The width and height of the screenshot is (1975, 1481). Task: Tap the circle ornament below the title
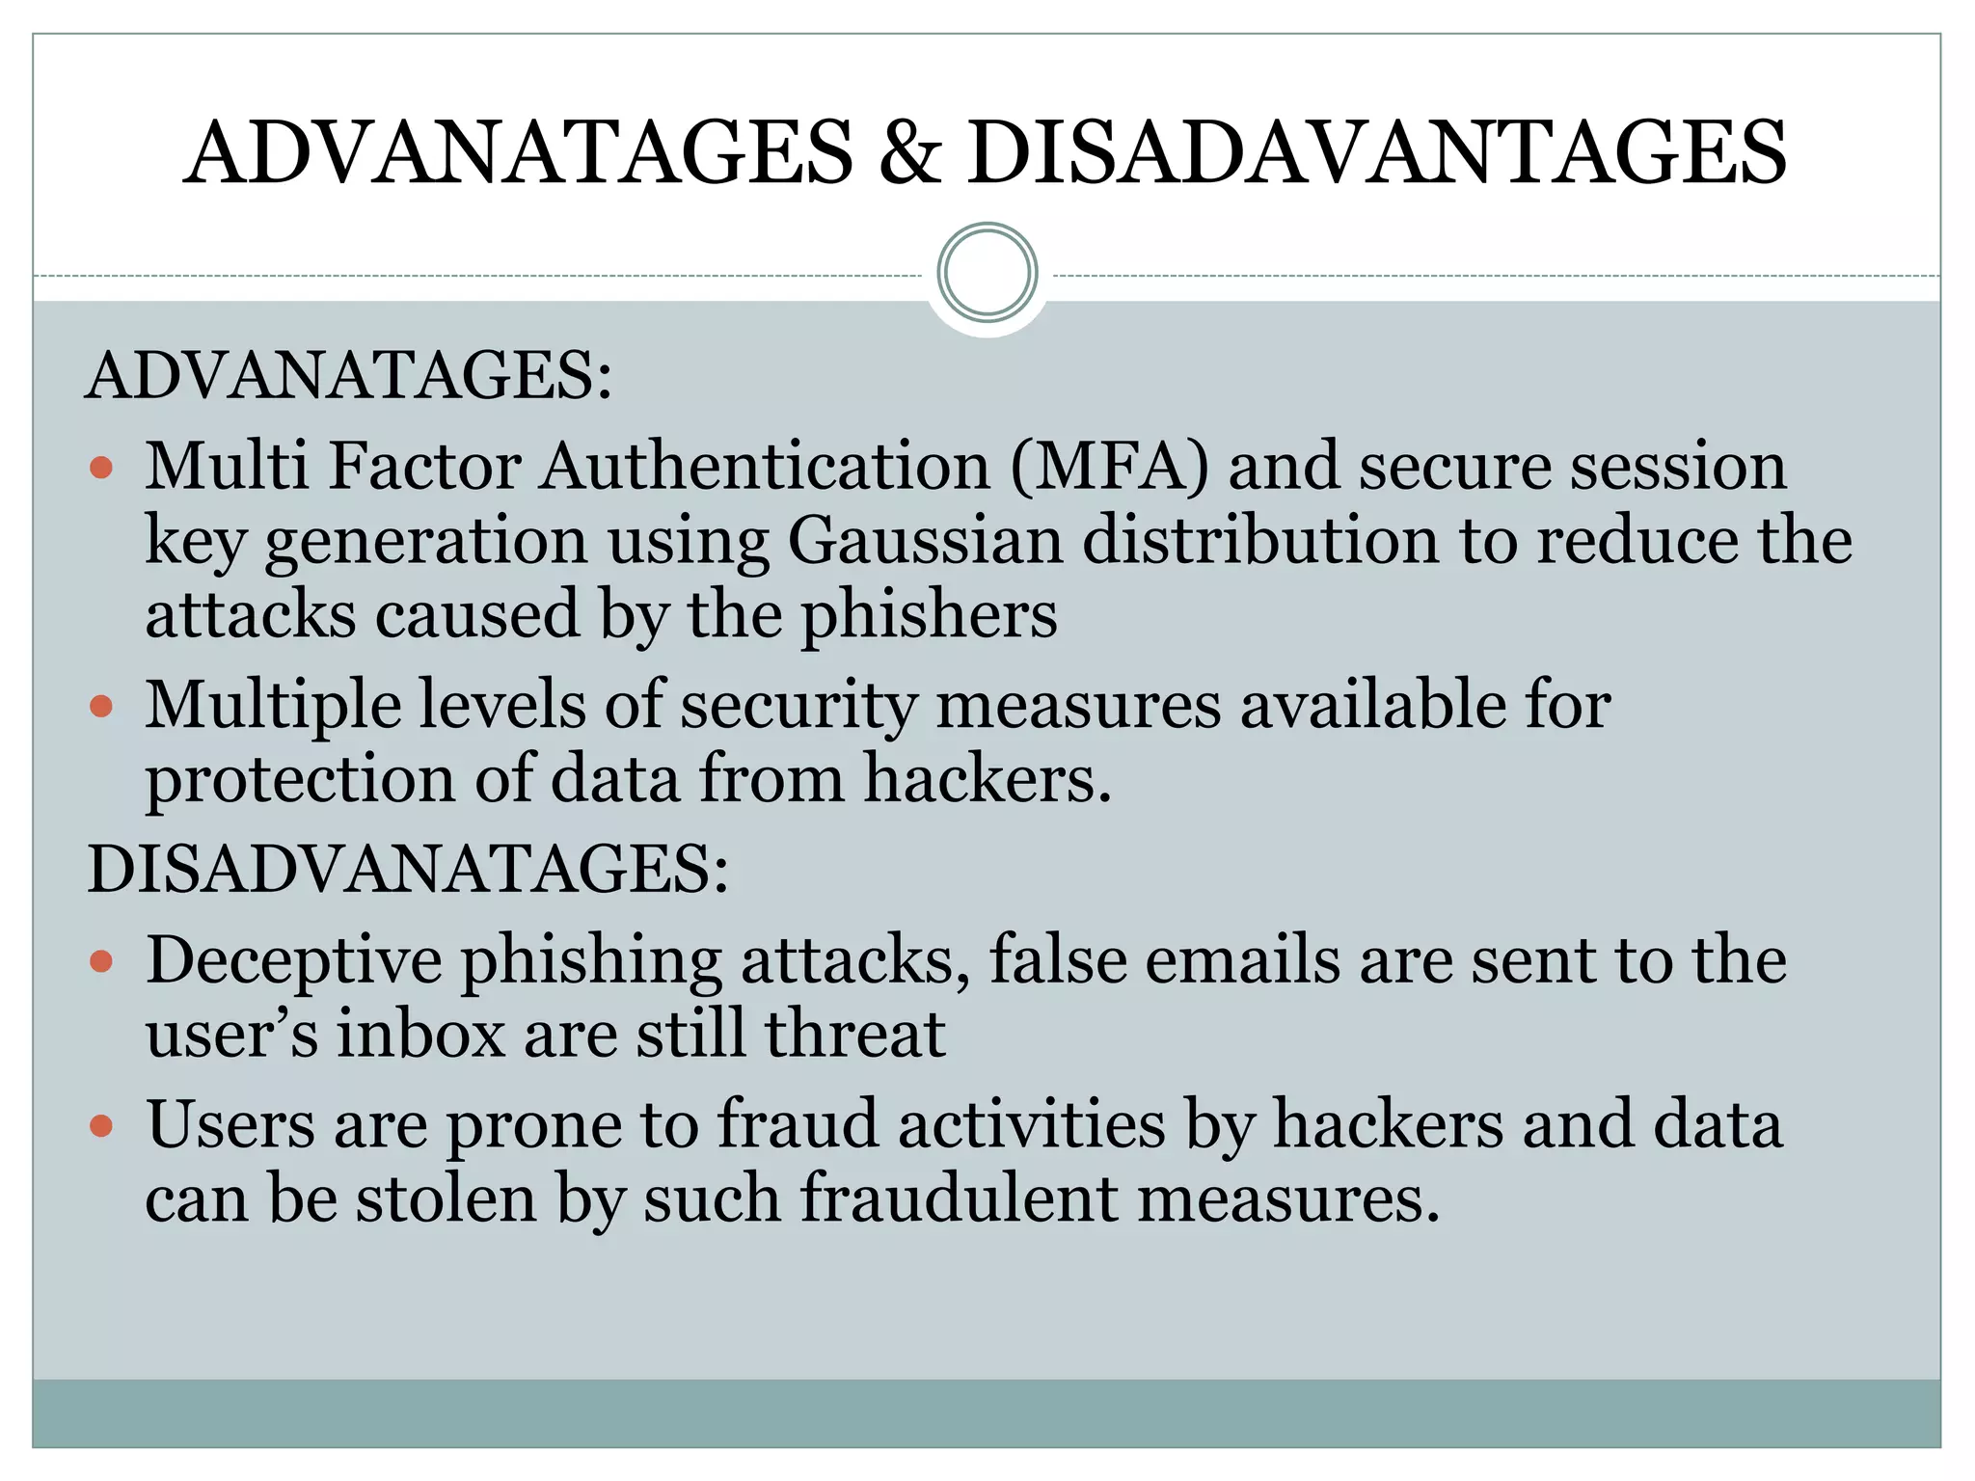987,273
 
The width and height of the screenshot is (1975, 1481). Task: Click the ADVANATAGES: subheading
349,375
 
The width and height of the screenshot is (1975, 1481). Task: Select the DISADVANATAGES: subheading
408,869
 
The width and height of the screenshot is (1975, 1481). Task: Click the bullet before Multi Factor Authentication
101,469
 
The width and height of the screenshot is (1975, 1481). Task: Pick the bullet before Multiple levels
101,707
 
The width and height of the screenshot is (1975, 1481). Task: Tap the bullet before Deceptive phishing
101,961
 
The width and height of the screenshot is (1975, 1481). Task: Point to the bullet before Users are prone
101,1125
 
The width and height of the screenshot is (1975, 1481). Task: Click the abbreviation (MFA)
1109,467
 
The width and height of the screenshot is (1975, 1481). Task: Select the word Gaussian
925,540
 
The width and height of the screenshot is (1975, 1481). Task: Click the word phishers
929,615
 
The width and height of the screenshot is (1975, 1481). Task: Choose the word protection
300,779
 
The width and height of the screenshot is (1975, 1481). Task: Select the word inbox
420,1035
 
